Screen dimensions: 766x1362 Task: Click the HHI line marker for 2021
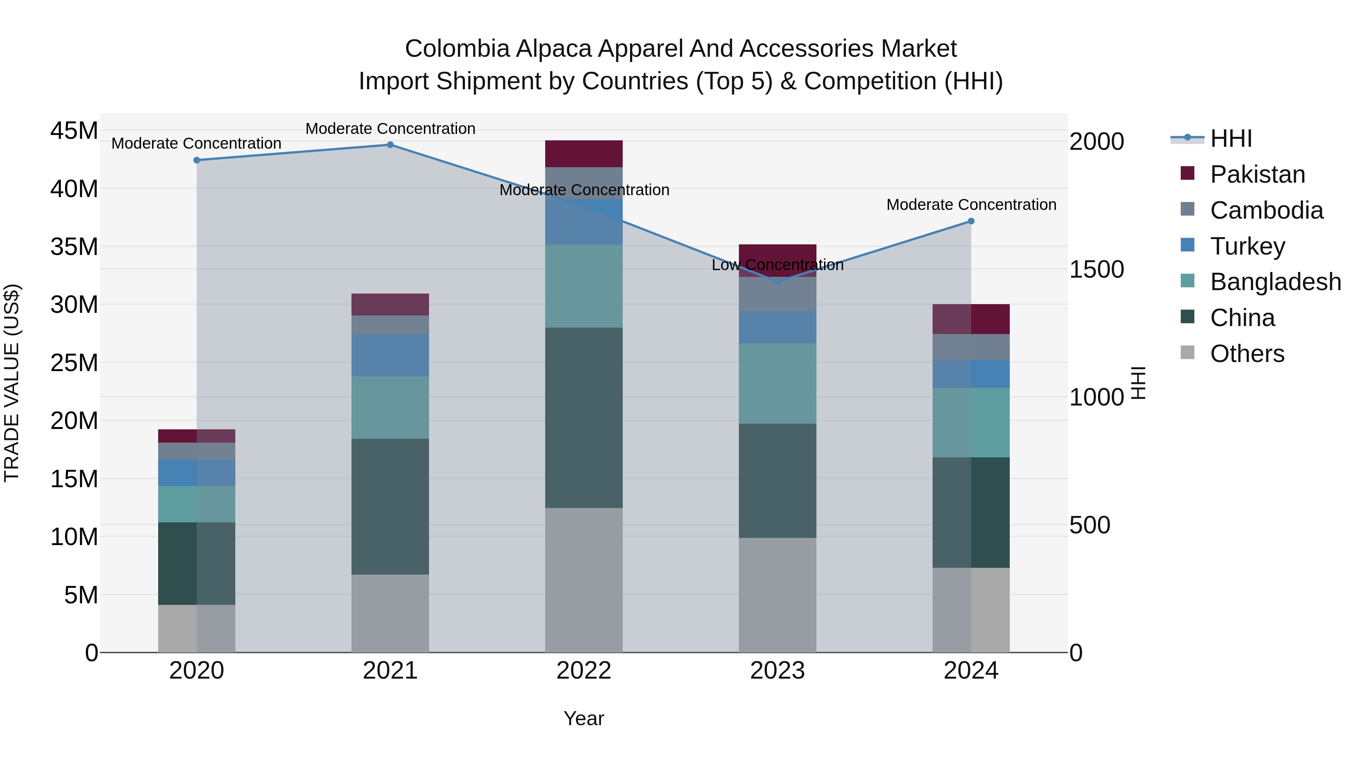390,145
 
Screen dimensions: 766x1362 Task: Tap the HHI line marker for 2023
777,282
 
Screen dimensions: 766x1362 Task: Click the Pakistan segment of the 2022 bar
584,154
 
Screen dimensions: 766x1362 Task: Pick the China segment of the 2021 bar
390,507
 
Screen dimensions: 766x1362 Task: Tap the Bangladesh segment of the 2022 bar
584,286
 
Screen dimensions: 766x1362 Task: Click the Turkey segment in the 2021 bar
390,355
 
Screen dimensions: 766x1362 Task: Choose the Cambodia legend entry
1266,210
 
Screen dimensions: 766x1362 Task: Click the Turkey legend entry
1247,246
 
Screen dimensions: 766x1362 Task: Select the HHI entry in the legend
1231,138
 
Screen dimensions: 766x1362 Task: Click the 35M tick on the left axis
74,247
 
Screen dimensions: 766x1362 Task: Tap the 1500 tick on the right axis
1096,270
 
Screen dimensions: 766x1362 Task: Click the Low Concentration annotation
777,265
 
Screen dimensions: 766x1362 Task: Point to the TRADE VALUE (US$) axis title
12,383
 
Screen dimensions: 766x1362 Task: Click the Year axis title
584,718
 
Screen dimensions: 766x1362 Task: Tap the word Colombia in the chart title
457,49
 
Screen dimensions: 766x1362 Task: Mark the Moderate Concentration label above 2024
971,205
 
